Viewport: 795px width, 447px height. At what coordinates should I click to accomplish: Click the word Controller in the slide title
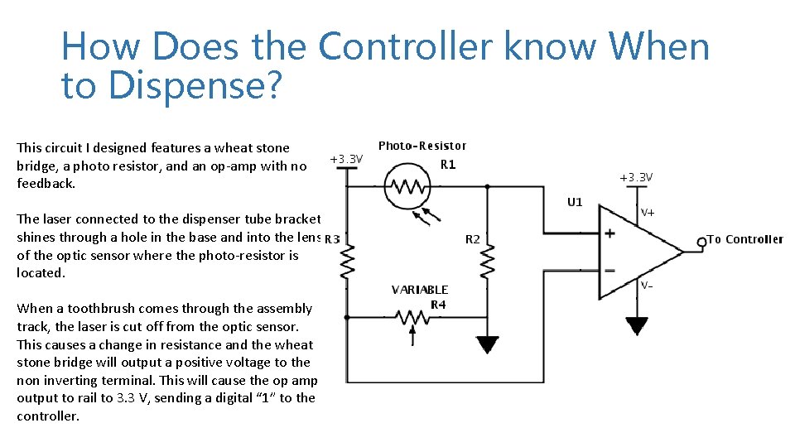click(407, 47)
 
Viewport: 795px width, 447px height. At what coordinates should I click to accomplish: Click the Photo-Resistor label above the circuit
click(422, 146)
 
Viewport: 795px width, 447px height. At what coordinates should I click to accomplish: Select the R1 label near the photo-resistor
click(448, 165)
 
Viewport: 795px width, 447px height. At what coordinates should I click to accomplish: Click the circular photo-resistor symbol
click(404, 188)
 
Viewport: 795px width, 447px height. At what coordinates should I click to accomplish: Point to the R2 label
click(472, 239)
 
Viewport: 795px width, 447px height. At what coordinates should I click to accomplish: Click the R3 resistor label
click(332, 239)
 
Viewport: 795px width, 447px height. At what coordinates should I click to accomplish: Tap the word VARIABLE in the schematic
click(420, 290)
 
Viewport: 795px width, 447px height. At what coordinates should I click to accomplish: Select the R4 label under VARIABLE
click(439, 304)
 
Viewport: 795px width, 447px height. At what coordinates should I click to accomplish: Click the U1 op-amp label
click(575, 202)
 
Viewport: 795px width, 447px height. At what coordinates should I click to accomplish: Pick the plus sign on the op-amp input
click(610, 234)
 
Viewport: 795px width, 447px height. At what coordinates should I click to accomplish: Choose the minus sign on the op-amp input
click(610, 270)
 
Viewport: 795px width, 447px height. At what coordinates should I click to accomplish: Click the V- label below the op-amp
click(648, 286)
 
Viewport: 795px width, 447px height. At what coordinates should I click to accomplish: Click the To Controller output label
click(744, 240)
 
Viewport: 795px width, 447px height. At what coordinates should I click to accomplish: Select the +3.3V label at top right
click(637, 177)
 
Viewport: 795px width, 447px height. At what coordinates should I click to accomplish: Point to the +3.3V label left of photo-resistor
click(346, 158)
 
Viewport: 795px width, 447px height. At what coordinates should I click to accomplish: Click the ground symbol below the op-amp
click(636, 324)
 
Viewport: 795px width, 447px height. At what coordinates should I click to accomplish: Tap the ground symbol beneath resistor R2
click(488, 344)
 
